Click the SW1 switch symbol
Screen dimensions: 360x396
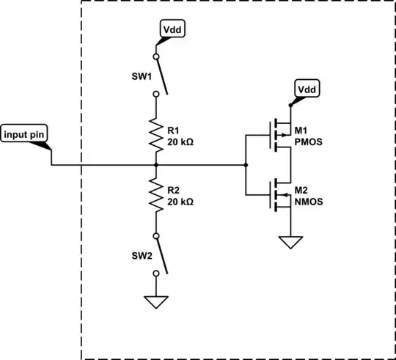tap(160, 75)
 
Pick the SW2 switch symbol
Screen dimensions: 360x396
tap(160, 254)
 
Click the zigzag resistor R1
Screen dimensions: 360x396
tap(155, 133)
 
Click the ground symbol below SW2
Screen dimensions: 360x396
tap(155, 300)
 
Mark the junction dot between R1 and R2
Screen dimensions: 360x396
tap(155, 165)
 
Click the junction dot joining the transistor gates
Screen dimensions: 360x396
tap(246, 165)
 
